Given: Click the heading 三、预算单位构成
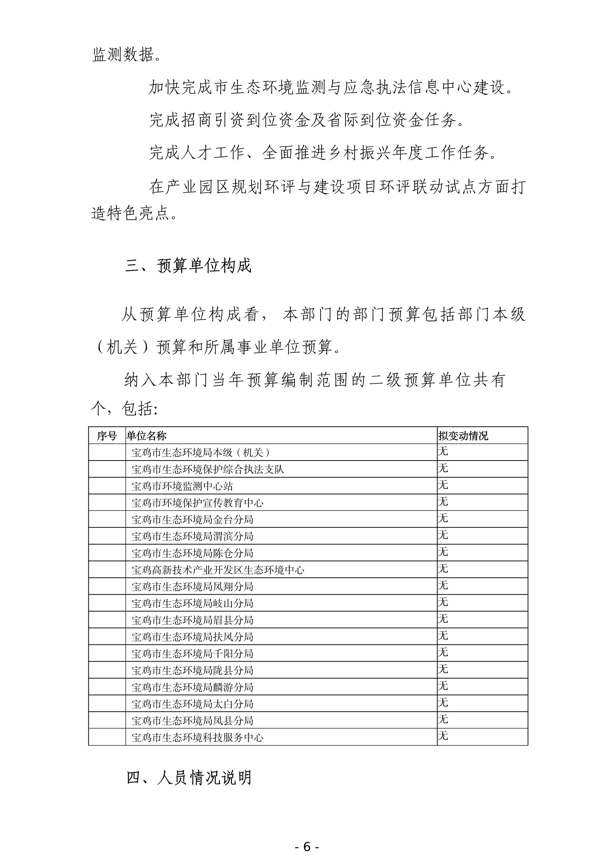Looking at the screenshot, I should [188, 266].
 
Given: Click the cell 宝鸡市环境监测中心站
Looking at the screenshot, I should [182, 486].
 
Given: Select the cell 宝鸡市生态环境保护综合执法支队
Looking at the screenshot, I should [208, 469].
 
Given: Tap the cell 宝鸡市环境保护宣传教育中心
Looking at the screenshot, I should [198, 503].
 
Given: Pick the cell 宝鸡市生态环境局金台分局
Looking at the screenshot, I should [192, 519].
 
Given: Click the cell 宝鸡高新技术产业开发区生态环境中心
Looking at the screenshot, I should [218, 570].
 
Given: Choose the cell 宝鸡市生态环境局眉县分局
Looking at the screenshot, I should [192, 620].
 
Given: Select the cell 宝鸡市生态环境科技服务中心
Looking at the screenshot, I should [198, 738].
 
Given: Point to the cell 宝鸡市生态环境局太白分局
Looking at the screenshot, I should [192, 704].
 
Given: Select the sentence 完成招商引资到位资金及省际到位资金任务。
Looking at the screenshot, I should [306, 120].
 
